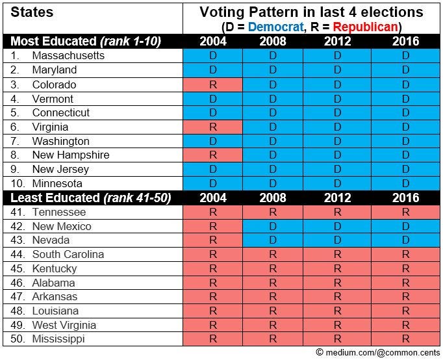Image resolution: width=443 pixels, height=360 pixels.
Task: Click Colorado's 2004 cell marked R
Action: coord(213,84)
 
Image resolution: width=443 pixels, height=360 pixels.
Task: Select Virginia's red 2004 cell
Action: coord(213,127)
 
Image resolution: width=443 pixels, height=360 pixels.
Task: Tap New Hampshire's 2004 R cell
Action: coord(213,155)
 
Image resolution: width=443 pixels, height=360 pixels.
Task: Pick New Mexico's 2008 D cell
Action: coord(273,226)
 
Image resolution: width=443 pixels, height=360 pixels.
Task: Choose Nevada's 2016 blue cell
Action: coord(405,240)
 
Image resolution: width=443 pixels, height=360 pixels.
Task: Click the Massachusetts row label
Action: coord(68,56)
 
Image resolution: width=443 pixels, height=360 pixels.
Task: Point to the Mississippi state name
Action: coord(58,339)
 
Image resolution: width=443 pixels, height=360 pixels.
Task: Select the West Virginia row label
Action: coord(64,325)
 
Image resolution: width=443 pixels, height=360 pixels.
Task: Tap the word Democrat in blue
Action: coord(276,27)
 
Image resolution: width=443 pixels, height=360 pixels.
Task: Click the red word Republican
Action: coord(366,27)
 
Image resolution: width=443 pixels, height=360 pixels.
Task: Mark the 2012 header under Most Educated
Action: coord(337,41)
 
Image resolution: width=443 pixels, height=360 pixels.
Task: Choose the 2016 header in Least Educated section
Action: coord(405,198)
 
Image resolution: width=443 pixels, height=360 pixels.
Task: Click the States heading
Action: coord(32,12)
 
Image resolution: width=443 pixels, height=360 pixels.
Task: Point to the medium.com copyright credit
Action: coord(378,352)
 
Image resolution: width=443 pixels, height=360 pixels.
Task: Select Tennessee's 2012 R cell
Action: coord(337,212)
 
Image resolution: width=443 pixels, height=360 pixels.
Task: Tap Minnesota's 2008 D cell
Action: coord(273,183)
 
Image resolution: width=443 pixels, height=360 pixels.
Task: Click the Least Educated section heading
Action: coord(91,198)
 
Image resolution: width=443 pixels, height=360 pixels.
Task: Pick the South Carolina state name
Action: coord(68,254)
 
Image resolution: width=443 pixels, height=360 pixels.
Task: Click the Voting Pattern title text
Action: coord(311,12)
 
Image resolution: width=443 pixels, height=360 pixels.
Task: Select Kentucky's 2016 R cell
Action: coord(405,268)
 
